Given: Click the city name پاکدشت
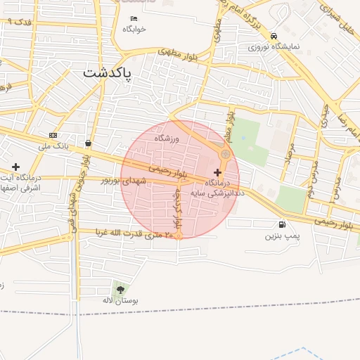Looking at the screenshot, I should pyautogui.click(x=107, y=72).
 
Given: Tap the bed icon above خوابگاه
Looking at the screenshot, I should pyautogui.click(x=134, y=18).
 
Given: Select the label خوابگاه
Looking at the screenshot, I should pyautogui.click(x=134, y=29).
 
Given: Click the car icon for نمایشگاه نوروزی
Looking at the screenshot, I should pyautogui.click(x=274, y=37).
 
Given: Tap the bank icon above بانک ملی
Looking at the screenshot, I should pyautogui.click(x=53, y=135).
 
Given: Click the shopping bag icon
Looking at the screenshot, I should pyautogui.click(x=88, y=143).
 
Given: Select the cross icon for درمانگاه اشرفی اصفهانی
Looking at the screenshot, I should pyautogui.click(x=15, y=167).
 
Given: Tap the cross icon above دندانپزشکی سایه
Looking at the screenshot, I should pyautogui.click(x=217, y=172).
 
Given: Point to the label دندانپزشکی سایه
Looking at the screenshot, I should pyautogui.click(x=218, y=191).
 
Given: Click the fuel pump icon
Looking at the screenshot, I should pyautogui.click(x=282, y=225).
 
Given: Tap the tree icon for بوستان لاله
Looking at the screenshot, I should pyautogui.click(x=120, y=289).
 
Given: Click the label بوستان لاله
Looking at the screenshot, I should pyautogui.click(x=117, y=300).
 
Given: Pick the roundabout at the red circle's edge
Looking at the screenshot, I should pyautogui.click(x=226, y=154).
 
